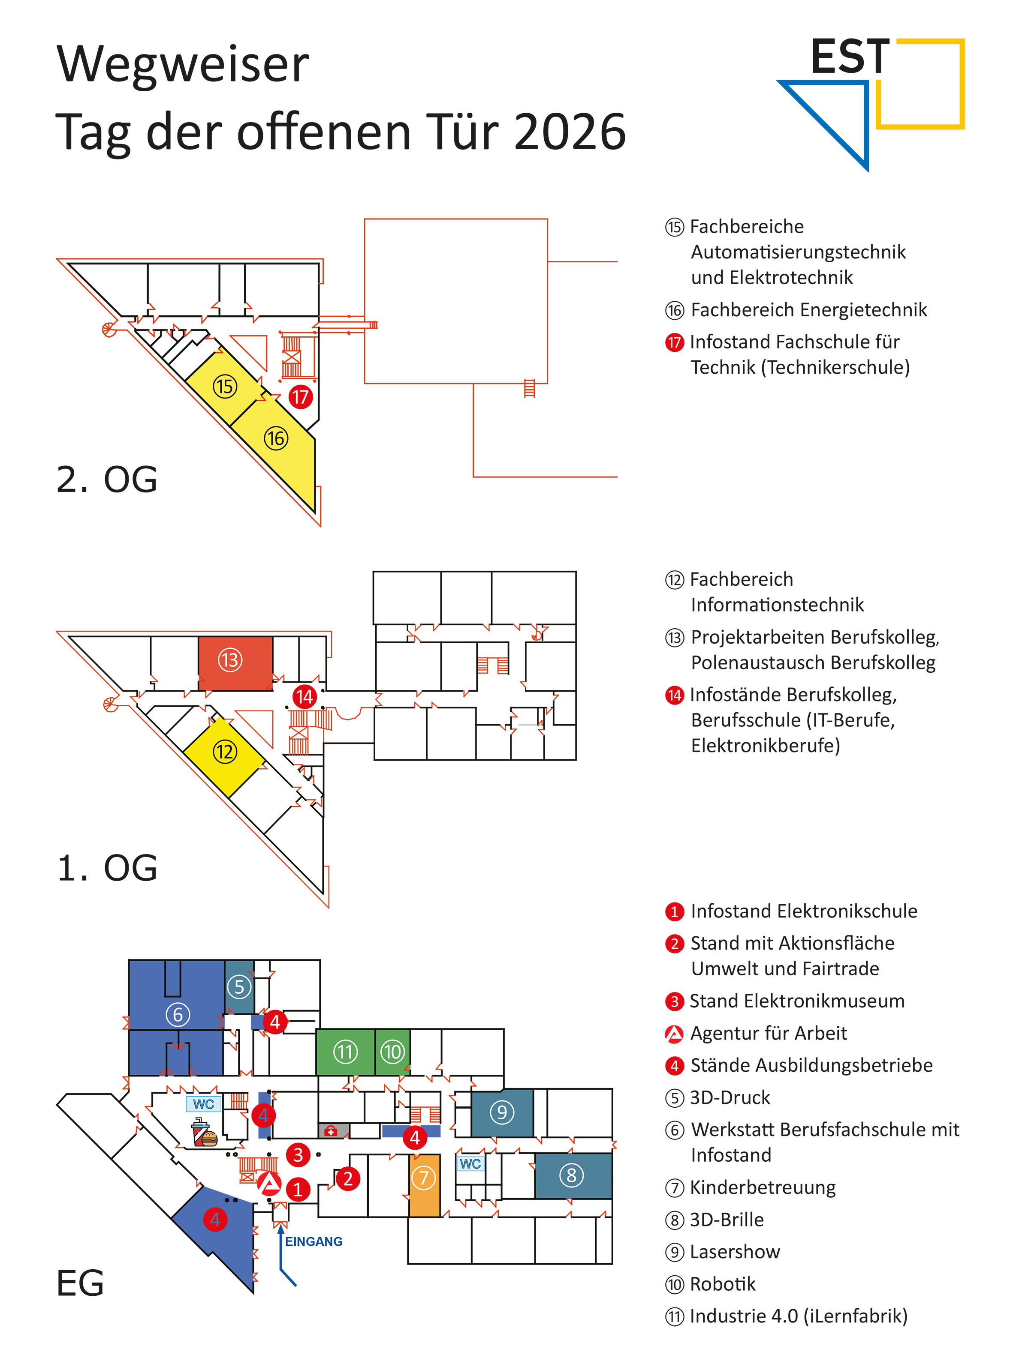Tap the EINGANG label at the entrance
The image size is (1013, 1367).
314,1241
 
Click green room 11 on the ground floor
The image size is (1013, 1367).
345,1052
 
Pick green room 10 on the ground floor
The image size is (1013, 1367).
392,1052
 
